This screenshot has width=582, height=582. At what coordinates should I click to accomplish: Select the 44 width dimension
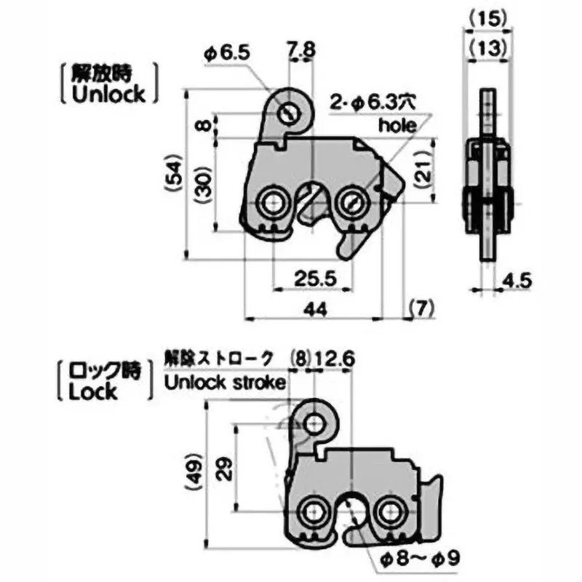point(314,308)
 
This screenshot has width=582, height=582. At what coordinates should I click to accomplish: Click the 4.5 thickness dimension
point(517,279)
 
